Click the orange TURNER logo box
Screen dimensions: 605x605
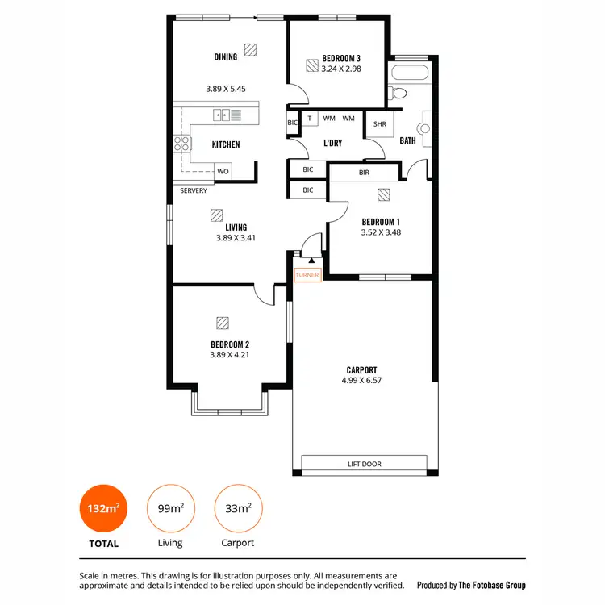(308, 275)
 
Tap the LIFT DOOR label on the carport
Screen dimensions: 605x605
(365, 464)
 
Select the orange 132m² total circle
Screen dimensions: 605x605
(103, 508)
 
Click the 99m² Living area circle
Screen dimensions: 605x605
(170, 508)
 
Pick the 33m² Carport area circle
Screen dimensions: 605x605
(237, 508)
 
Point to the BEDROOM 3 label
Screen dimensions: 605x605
(341, 58)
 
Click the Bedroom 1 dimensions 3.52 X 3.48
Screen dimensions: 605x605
(381, 232)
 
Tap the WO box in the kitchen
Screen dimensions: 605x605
(223, 171)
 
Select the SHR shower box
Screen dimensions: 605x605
(379, 123)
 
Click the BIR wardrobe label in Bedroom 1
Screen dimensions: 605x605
(364, 172)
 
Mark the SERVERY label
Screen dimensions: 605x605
(194, 191)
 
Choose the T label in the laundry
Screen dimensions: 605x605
(310, 119)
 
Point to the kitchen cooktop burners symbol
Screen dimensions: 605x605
(182, 144)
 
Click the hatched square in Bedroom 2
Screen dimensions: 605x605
(222, 323)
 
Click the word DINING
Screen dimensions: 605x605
(226, 57)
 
